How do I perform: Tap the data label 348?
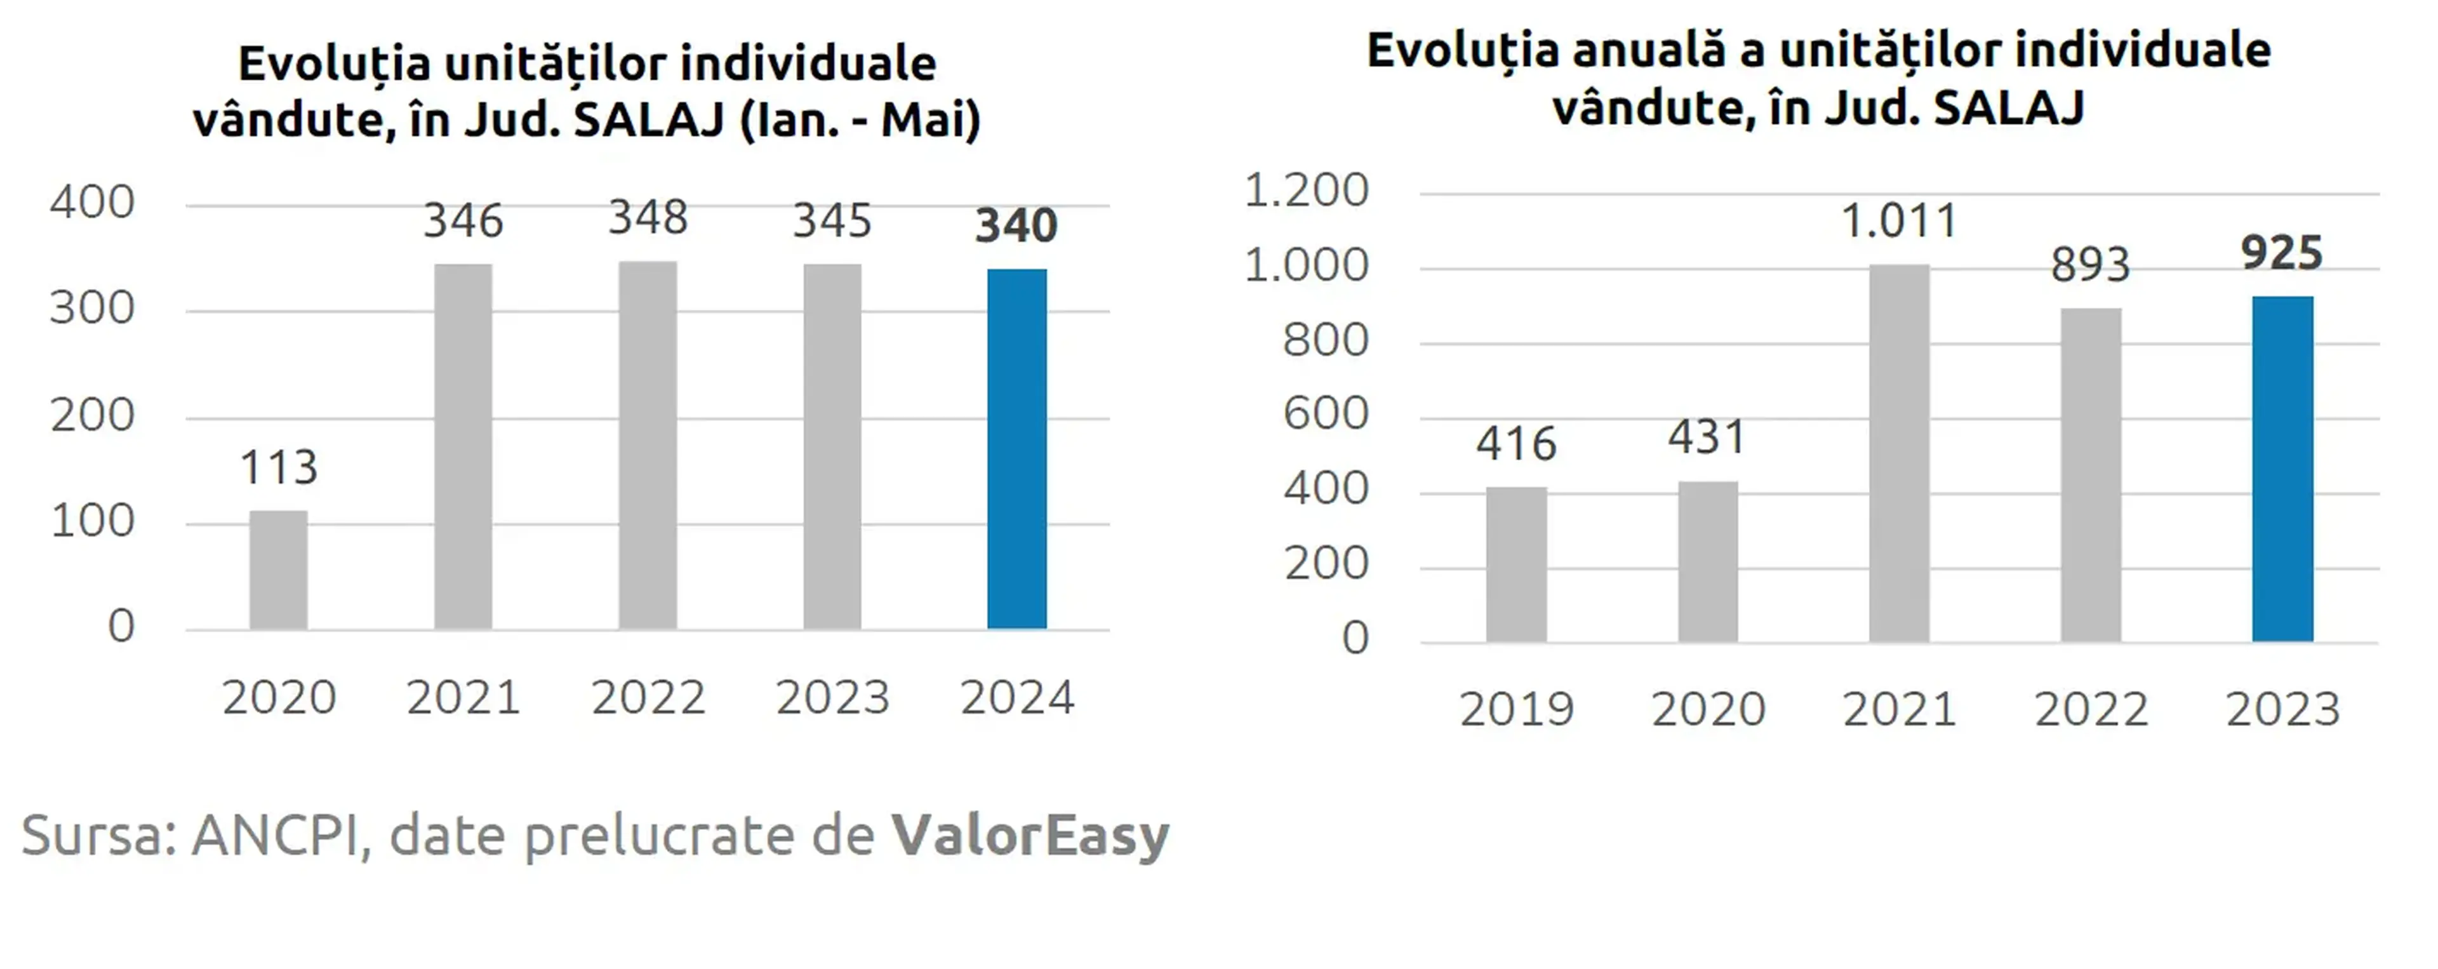tap(648, 218)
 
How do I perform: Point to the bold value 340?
tap(1016, 226)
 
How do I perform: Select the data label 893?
tap(2091, 265)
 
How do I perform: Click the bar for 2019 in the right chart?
tap(1516, 565)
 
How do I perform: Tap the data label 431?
tap(1707, 437)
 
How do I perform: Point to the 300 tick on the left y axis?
tap(92, 309)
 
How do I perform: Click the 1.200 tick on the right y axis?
tap(1306, 190)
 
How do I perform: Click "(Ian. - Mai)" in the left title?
tap(860, 120)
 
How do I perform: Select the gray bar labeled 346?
tap(463, 446)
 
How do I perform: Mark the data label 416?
tap(1516, 444)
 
